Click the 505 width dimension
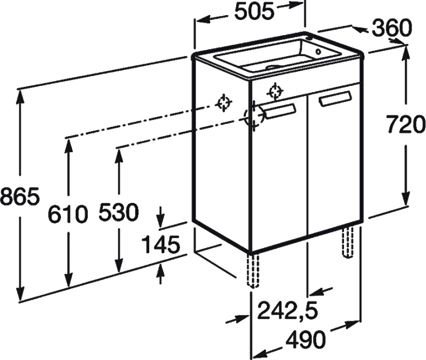pos(253,12)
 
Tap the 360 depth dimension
pos(392,28)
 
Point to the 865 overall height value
pos(20,196)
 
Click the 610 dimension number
pos(68,214)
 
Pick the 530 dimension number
pos(119,212)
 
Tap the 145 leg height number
pos(161,244)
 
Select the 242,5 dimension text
pos(287,310)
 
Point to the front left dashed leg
pos(253,270)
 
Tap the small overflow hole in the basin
pos(318,51)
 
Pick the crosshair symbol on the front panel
pos(275,92)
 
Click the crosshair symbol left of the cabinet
pos(224,103)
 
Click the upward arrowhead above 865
pos(19,97)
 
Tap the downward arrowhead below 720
pos(406,198)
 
